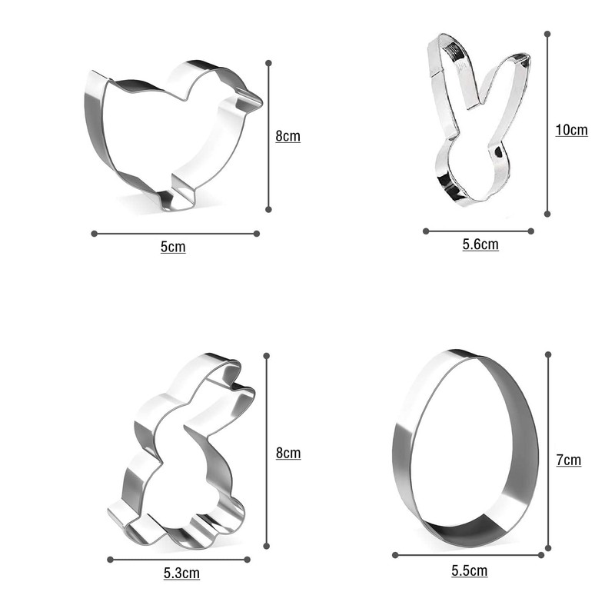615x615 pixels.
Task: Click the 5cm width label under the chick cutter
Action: coord(173,247)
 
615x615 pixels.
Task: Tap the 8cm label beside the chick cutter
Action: coord(288,136)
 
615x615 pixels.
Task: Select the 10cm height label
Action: coord(571,130)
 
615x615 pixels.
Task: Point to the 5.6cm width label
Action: coord(480,244)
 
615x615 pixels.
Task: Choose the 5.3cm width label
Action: coord(181,573)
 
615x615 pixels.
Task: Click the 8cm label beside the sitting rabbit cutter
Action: coord(288,453)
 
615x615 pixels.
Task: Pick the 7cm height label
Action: coord(569,460)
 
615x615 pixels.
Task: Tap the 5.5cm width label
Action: coord(470,570)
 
